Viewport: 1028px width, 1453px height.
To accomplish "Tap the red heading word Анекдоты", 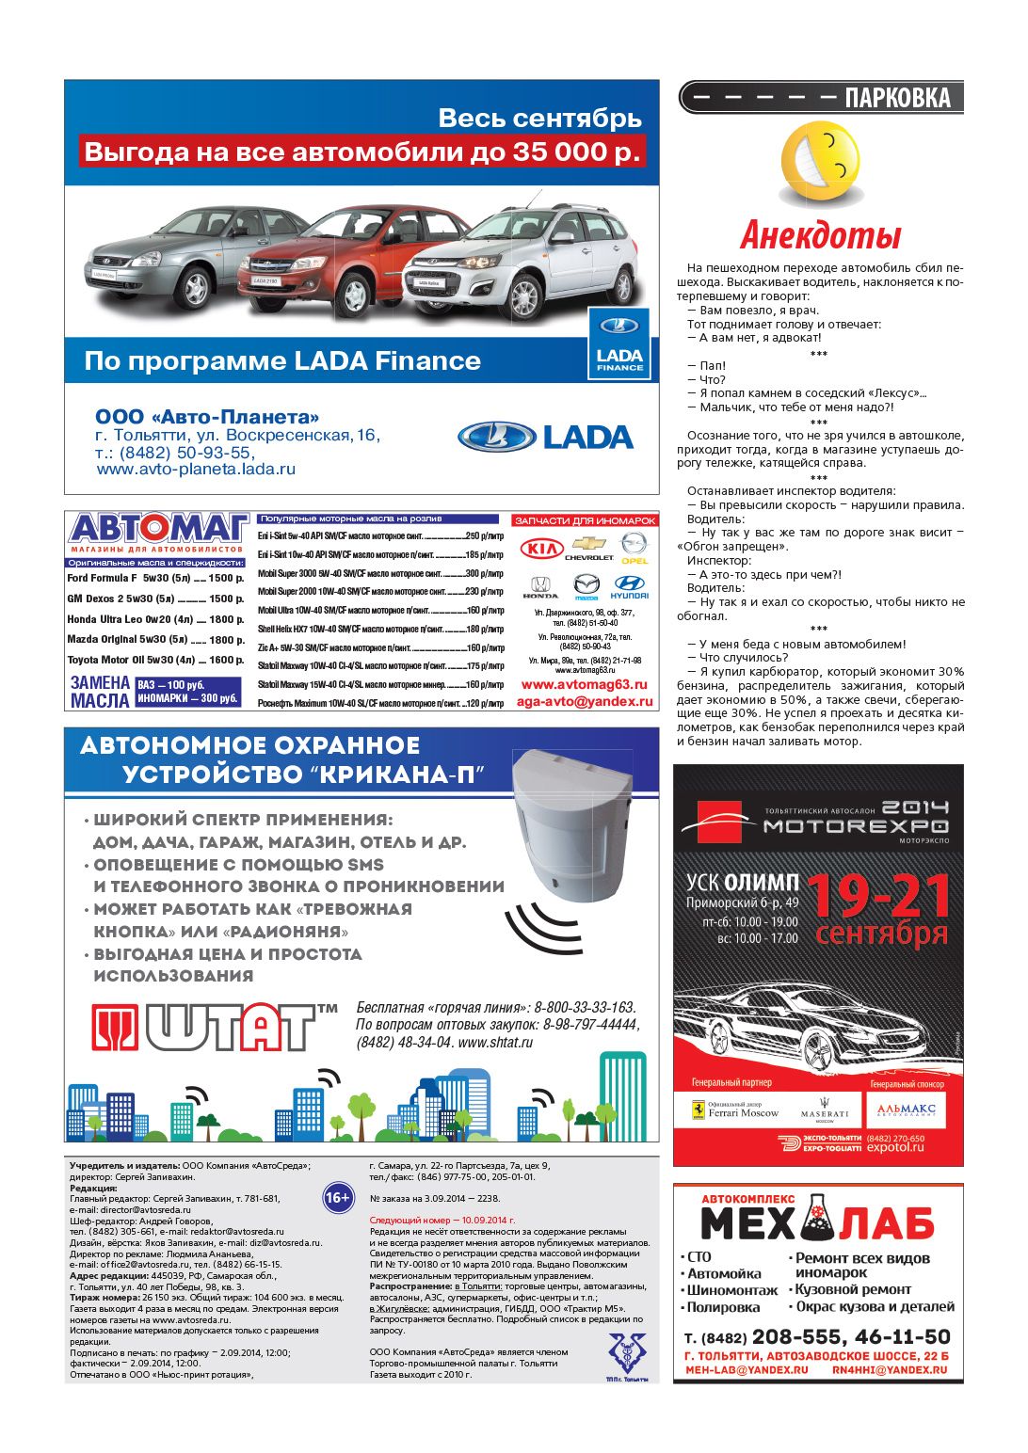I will pos(820,234).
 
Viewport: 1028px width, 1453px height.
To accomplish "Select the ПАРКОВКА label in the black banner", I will pos(897,98).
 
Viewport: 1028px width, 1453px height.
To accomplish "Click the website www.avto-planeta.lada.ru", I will pos(196,469).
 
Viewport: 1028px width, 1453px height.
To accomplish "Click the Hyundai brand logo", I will pos(629,587).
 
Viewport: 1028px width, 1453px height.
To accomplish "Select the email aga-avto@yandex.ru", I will pos(585,701).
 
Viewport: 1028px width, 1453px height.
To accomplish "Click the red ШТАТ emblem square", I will pos(115,1027).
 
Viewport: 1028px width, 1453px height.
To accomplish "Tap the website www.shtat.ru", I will pos(495,1043).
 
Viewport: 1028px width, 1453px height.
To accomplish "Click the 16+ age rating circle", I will pos(337,1198).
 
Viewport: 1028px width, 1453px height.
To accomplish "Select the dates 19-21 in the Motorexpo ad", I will pos(878,895).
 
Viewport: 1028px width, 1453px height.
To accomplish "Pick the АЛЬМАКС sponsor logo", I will pos(907,1110).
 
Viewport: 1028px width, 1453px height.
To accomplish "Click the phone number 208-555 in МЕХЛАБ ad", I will pos(798,1336).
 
